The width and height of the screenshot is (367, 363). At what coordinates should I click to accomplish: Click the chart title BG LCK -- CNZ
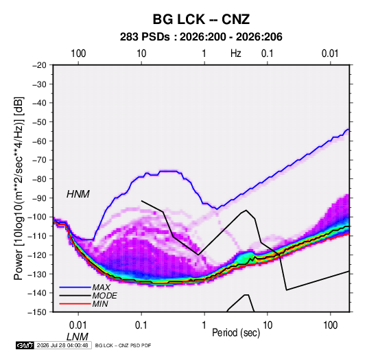tap(201, 19)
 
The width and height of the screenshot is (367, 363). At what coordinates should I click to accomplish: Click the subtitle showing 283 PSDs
tap(201, 37)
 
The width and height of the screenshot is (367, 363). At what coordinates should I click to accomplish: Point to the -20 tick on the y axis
tap(39, 65)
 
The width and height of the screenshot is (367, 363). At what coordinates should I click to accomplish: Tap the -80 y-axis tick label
tap(39, 179)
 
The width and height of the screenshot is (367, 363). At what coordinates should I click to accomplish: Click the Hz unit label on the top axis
tap(236, 54)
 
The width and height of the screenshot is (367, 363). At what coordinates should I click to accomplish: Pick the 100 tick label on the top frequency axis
tap(78, 54)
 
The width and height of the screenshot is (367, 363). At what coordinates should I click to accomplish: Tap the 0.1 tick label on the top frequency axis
tap(268, 54)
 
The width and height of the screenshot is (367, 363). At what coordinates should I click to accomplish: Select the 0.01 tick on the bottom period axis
tap(78, 325)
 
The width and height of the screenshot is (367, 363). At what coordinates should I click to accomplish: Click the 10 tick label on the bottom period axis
tap(268, 325)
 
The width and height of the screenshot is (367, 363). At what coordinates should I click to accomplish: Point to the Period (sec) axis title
tap(236, 333)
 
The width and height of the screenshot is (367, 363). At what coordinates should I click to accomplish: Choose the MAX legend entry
tap(102, 288)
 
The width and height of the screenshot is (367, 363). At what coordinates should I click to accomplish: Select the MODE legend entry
tap(105, 296)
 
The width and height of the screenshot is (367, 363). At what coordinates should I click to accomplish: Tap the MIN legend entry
tap(100, 304)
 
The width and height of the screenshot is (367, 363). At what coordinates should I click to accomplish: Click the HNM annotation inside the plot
tap(78, 194)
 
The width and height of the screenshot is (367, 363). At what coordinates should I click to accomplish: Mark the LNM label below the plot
tap(78, 337)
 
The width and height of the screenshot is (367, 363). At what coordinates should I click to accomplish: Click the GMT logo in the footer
tap(25, 345)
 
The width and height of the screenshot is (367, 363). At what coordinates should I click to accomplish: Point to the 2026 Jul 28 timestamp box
tap(62, 345)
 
